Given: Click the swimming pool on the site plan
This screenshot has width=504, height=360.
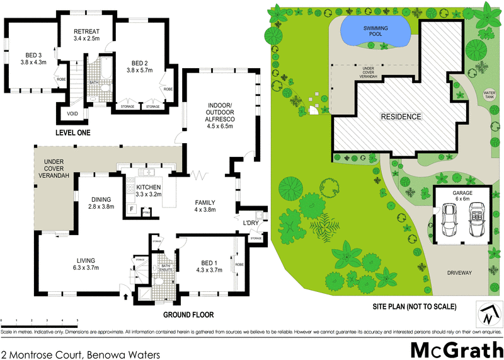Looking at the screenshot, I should tap(375, 32).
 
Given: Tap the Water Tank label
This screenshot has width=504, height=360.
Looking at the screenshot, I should tap(489, 95).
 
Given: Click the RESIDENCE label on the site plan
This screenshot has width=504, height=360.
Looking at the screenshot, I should tap(400, 117).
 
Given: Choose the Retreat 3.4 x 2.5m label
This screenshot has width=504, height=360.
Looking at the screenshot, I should tap(87, 35).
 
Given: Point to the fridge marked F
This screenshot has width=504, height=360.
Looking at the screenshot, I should tap(132, 209).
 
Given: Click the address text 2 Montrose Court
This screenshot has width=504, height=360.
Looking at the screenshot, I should tap(80, 354).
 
